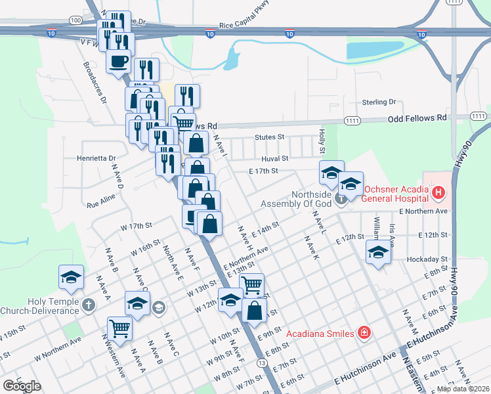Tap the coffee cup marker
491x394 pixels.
119,62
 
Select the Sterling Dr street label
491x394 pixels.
379,102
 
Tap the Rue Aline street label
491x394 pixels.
101,200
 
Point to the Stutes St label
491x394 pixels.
269,138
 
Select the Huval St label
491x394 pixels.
276,159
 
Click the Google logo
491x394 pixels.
22,386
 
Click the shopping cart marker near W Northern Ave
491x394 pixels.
119,328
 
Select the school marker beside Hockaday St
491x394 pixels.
378,252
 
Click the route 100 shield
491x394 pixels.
76,20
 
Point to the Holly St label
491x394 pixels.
322,137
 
